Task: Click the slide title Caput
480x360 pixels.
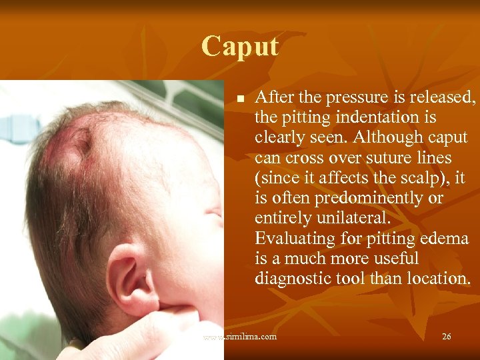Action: [x=240, y=47]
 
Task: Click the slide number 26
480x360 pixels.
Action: [x=446, y=337]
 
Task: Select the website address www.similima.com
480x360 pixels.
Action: [x=240, y=337]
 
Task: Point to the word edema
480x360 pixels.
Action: [x=443, y=238]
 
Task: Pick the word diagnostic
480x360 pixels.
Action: [x=290, y=278]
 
